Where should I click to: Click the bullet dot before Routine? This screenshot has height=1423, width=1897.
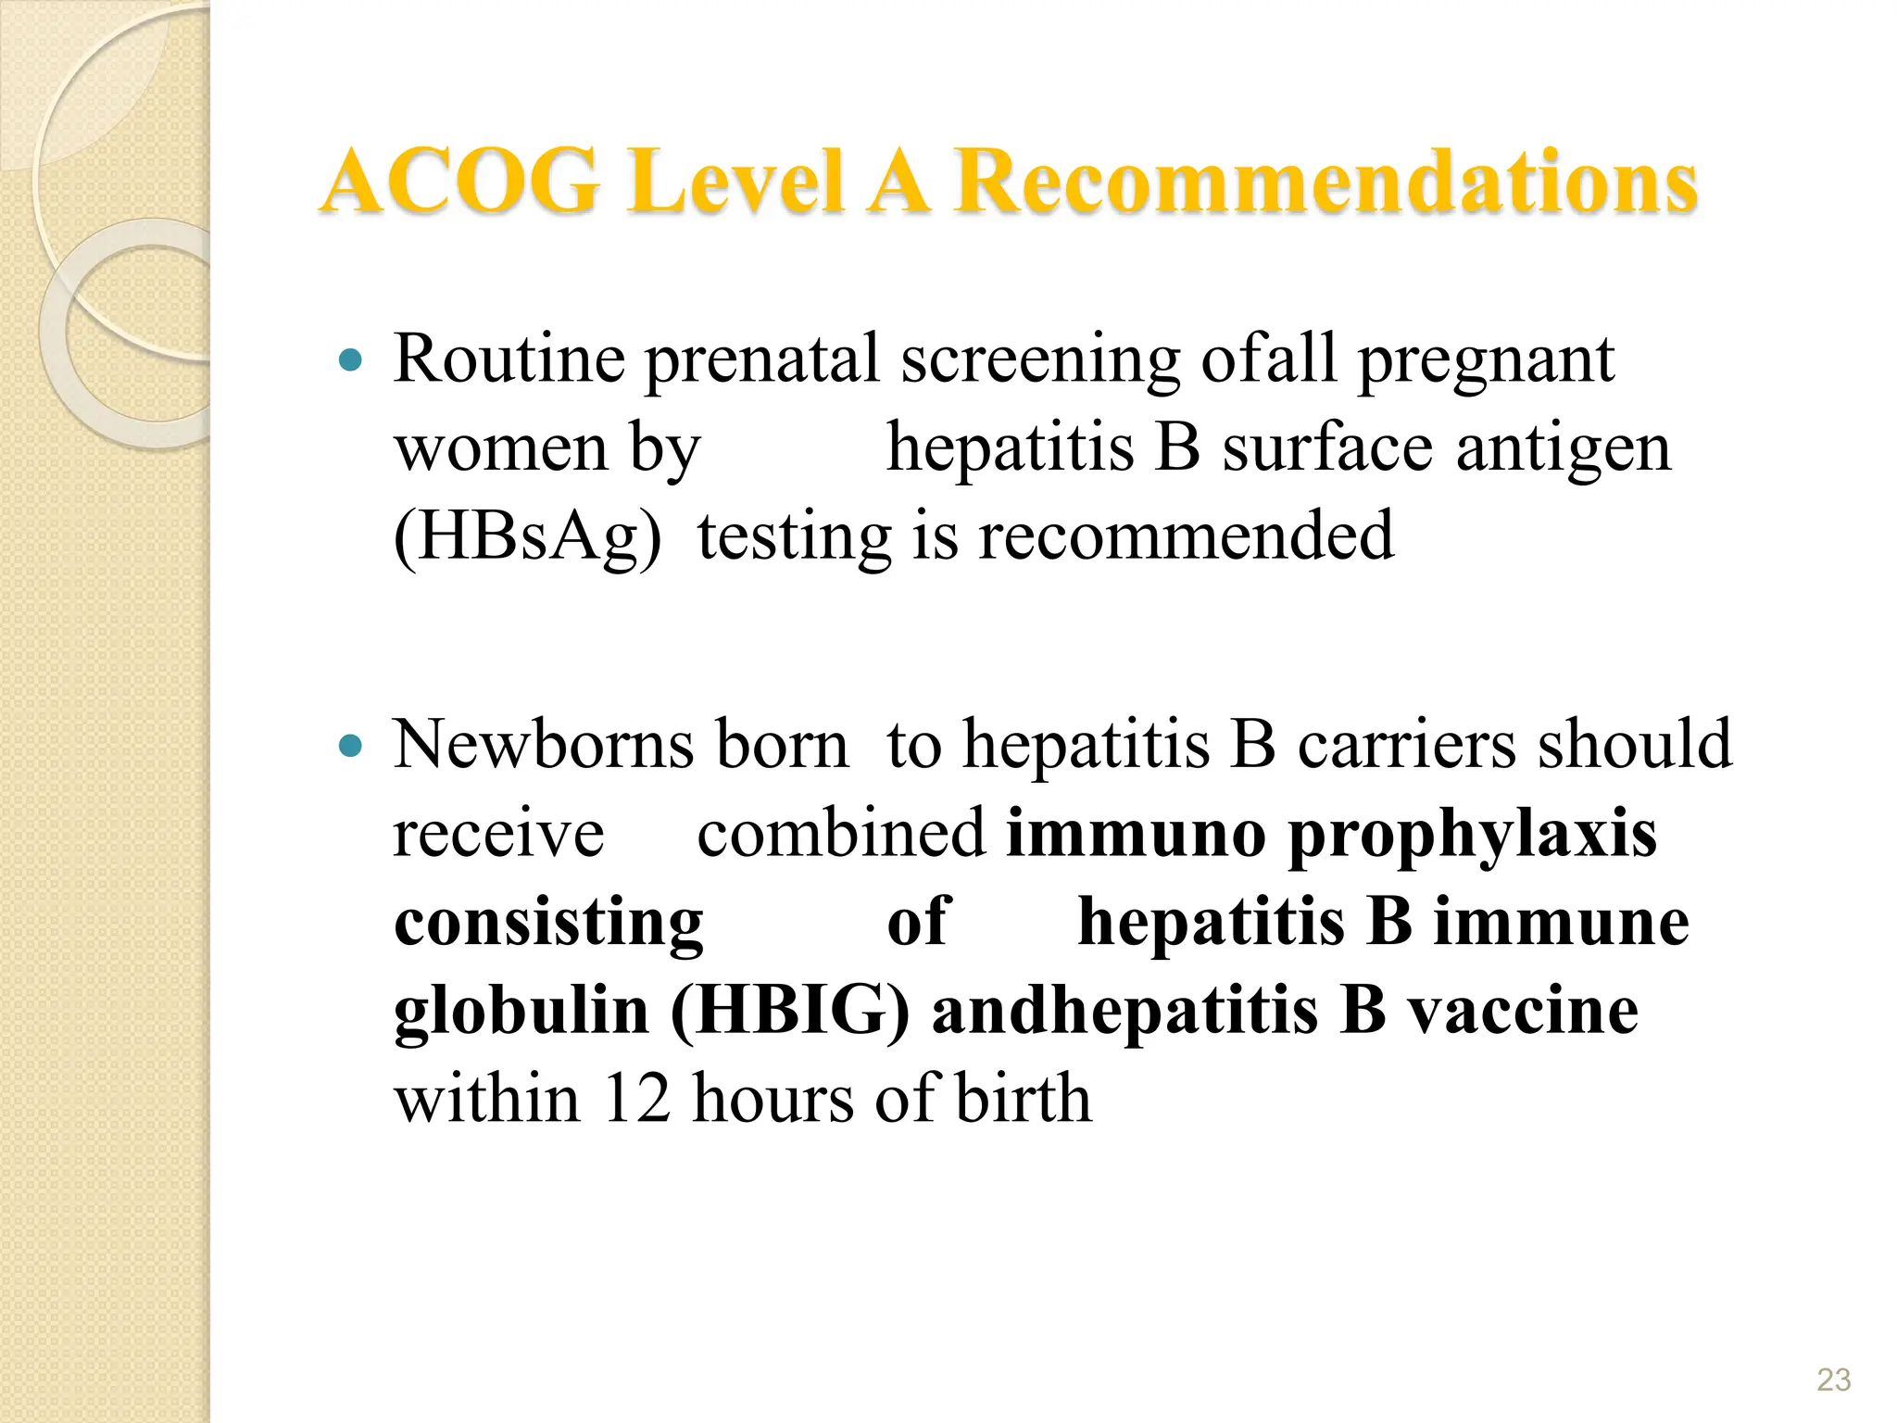click(350, 360)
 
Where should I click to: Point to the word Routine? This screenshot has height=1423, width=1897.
click(509, 359)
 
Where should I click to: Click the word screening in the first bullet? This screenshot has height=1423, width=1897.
click(1040, 361)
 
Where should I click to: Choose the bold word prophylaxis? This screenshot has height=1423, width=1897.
click(1472, 835)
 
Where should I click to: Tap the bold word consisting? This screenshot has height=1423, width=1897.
click(548, 924)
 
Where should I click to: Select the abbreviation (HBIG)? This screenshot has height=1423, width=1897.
click(790, 1011)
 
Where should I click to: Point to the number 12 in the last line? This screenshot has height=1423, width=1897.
click(635, 1099)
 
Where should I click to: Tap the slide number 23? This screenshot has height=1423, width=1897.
click(1833, 1379)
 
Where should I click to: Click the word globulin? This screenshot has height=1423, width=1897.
click(521, 1011)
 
